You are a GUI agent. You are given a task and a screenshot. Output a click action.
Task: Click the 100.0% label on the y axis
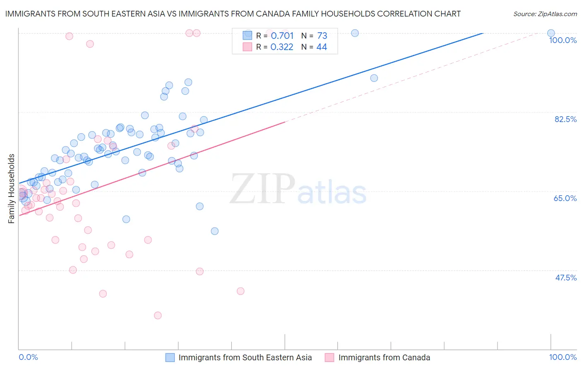pyautogui.click(x=563, y=40)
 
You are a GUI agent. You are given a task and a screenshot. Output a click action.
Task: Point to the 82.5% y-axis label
pyautogui.click(x=565, y=119)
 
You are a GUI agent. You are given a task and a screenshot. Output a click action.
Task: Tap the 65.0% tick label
pyautogui.click(x=565, y=198)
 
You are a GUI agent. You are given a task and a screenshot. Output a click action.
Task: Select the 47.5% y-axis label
pyautogui.click(x=565, y=278)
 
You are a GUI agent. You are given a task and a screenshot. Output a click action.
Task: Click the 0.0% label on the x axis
pyautogui.click(x=28, y=357)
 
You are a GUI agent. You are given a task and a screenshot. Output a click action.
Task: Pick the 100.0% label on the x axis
pyautogui.click(x=563, y=357)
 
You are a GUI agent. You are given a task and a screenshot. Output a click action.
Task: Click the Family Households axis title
pyautogui.click(x=12, y=189)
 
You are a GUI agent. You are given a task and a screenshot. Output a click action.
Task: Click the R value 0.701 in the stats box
pyautogui.click(x=282, y=36)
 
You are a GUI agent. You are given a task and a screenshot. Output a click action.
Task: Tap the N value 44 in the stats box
pyautogui.click(x=322, y=47)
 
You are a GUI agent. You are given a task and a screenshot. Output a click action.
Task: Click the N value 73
pyautogui.click(x=322, y=36)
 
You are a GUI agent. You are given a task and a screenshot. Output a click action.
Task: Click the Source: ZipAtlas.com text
pyautogui.click(x=545, y=14)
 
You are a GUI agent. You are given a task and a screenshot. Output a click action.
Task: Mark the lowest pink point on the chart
pyautogui.click(x=158, y=315)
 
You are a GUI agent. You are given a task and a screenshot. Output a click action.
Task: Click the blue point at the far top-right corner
pyautogui.click(x=551, y=33)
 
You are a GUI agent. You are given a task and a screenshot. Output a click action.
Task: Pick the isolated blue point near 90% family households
pyautogui.click(x=374, y=78)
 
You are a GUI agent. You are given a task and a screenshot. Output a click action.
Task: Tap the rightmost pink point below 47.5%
pyautogui.click(x=240, y=291)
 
